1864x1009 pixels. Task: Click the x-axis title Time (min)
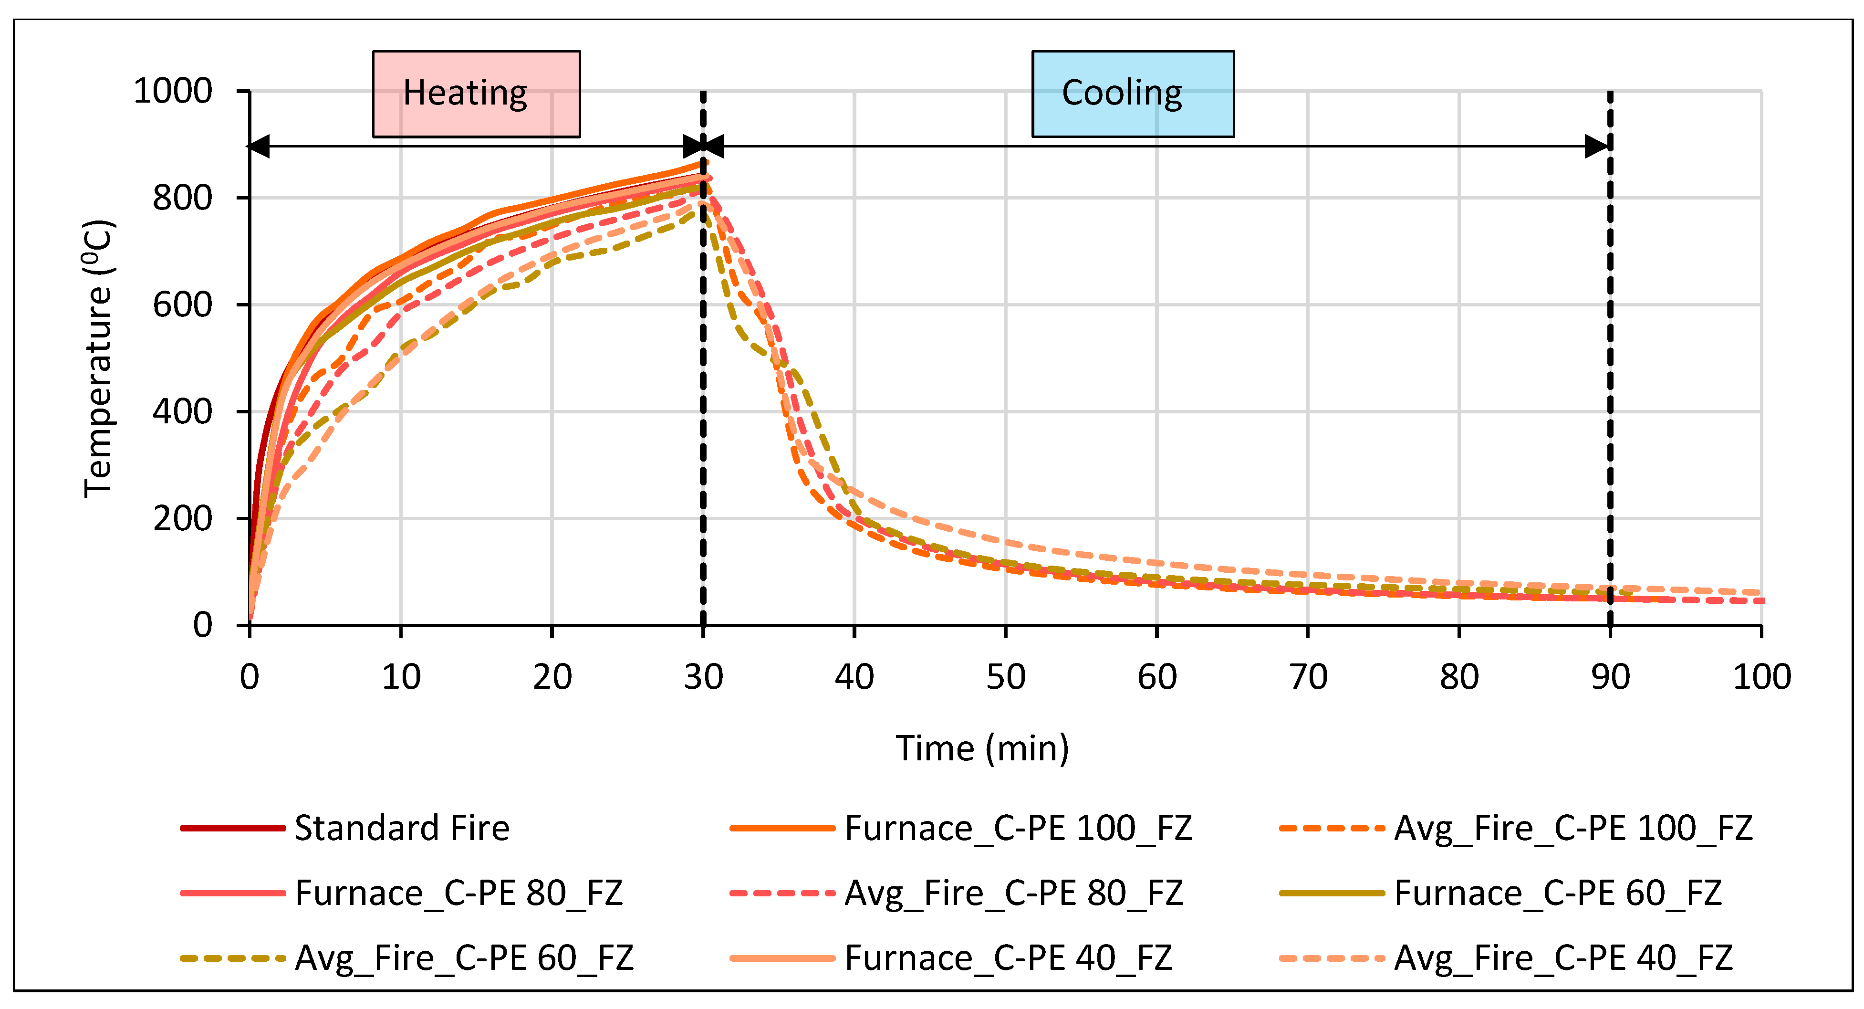pos(982,748)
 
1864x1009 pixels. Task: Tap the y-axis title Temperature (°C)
pos(98,358)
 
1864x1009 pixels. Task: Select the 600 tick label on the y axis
pos(182,305)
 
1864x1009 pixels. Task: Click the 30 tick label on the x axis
pos(703,677)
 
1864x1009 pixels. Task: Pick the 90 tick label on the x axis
pos(1610,677)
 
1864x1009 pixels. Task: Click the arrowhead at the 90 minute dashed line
pos(1597,146)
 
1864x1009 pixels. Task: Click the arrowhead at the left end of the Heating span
pos(260,146)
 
